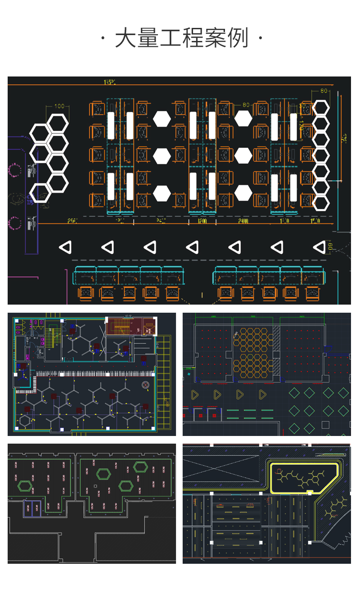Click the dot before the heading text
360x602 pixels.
point(103,38)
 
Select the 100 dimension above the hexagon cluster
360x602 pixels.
point(59,106)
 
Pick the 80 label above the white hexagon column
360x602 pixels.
point(323,91)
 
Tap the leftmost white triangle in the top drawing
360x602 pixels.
point(66,247)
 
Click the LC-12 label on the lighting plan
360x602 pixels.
point(128,316)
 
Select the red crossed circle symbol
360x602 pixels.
point(145,385)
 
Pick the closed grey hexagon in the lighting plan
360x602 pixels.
point(25,421)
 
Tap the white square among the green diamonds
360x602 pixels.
point(325,425)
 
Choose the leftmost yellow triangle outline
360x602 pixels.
point(195,395)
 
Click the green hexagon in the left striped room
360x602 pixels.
point(24,485)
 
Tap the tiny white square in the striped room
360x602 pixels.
point(95,486)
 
